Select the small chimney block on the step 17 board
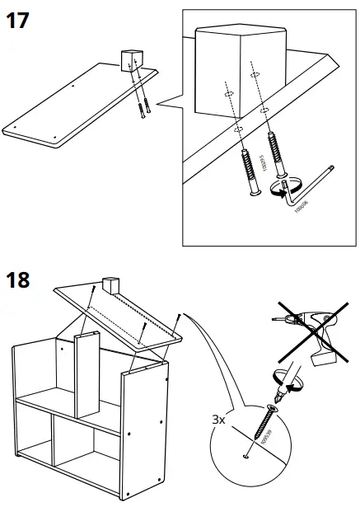point(130,60)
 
